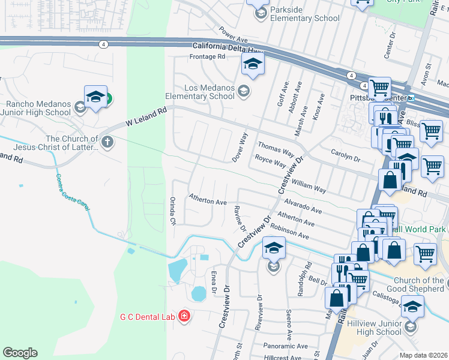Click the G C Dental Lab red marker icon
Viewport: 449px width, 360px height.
(x=184, y=316)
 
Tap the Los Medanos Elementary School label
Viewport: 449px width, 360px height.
(x=200, y=92)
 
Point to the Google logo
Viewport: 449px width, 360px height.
(x=20, y=353)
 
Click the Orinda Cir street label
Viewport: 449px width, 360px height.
(x=172, y=211)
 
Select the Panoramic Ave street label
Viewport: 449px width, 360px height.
(x=286, y=346)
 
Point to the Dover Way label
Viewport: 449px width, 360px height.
(x=240, y=148)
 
